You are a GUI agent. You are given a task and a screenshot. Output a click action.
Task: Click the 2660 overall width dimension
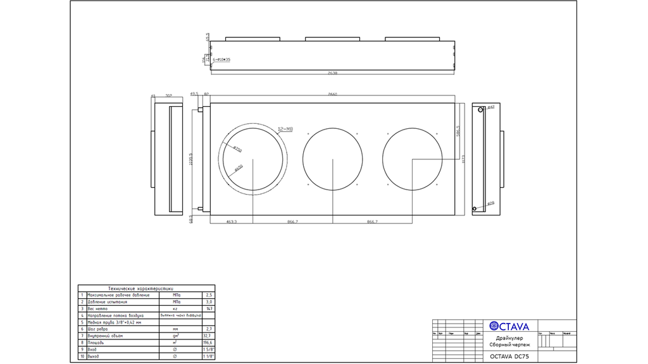pyautogui.click(x=333, y=94)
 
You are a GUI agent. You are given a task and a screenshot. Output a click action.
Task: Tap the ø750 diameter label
pyautogui.click(x=238, y=150)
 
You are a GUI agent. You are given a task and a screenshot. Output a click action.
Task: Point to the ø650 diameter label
pyautogui.click(x=239, y=168)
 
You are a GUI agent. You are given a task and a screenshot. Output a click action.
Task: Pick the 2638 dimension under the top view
pyautogui.click(x=333, y=73)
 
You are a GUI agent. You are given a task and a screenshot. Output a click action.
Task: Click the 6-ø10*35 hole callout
pyautogui.click(x=222, y=59)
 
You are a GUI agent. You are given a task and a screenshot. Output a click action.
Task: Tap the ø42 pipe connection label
pyautogui.click(x=490, y=108)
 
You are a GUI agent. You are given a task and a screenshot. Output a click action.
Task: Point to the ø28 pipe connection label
pyautogui.click(x=490, y=203)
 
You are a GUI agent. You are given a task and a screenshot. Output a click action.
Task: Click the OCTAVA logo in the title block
pyautogui.click(x=509, y=326)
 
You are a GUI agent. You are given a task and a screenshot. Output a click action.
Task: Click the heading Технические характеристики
pyautogui.click(x=146, y=288)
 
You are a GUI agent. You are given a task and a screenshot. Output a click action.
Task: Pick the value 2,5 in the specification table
pyautogui.click(x=209, y=294)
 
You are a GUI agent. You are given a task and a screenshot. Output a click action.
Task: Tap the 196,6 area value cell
pyautogui.click(x=207, y=343)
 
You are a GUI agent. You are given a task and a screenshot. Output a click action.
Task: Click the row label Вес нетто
pyautogui.click(x=93, y=308)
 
